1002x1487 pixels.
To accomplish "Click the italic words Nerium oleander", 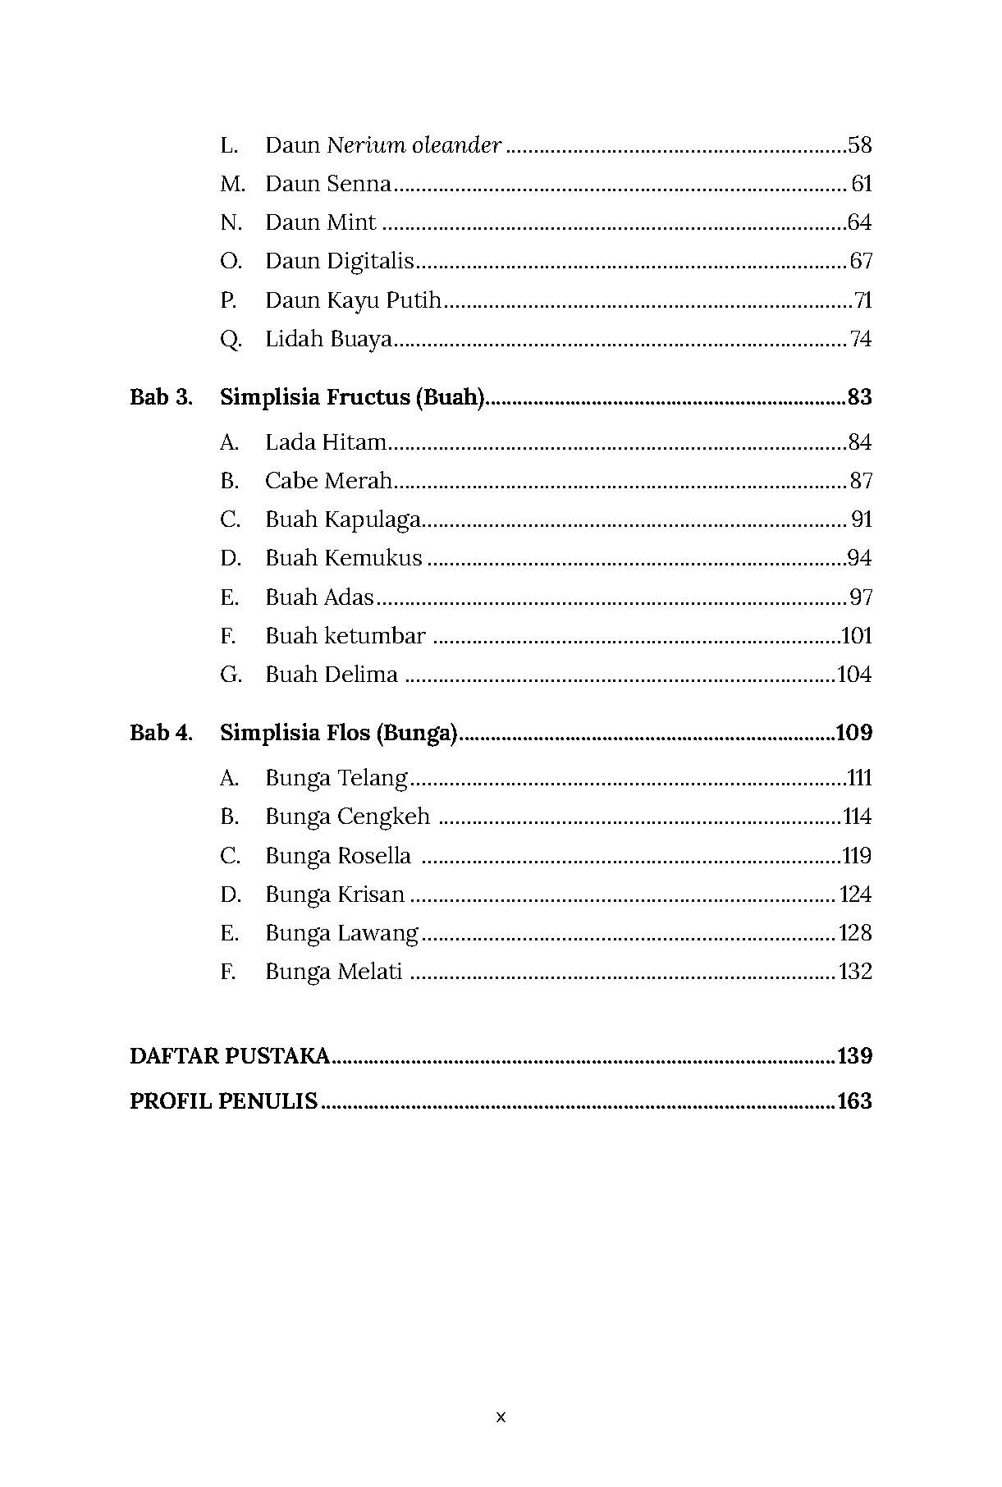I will tap(414, 145).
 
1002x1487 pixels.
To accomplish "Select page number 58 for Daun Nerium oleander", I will tap(859, 145).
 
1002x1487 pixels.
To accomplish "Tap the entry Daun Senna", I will tap(327, 184).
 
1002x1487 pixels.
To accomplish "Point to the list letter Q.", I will tap(231, 339).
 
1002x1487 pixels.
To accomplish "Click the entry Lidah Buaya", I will tap(328, 339).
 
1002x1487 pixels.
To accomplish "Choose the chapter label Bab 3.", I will tap(161, 397).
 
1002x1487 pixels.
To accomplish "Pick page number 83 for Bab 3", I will tap(859, 397).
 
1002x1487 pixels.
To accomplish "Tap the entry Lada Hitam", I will tap(325, 442).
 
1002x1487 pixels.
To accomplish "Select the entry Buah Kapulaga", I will tap(343, 519).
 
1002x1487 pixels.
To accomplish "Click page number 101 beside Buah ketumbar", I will tap(857, 636).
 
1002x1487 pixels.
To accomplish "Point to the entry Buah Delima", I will tap(332, 675).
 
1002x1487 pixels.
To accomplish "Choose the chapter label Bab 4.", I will tap(161, 733).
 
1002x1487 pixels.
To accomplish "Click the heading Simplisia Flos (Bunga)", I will tap(338, 733).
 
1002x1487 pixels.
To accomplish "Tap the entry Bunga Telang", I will tap(336, 778).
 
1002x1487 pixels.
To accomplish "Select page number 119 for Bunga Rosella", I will tap(857, 856).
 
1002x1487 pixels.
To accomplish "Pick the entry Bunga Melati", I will tap(333, 972).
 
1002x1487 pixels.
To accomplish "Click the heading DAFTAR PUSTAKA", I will tap(230, 1056).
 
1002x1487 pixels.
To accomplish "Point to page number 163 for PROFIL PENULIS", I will tap(854, 1101).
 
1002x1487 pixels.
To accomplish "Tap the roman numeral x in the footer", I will tap(501, 1417).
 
